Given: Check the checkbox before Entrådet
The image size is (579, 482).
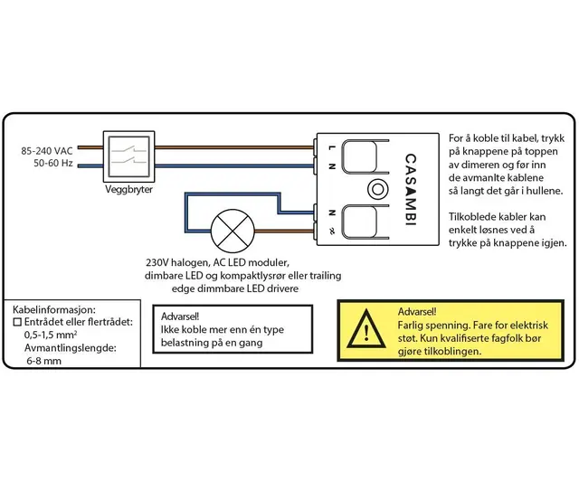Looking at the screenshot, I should click(17, 321).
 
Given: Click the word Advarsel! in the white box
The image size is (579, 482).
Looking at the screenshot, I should click(182, 317).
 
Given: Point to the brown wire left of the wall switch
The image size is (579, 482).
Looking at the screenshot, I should click(91, 146).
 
